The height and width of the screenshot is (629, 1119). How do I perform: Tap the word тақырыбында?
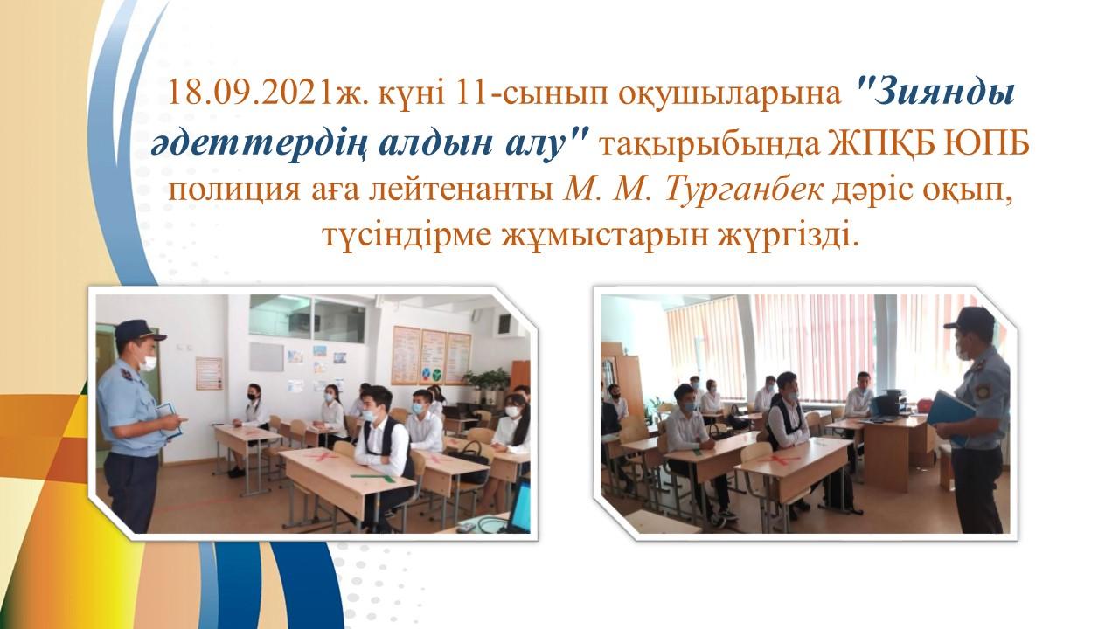(x=709, y=145)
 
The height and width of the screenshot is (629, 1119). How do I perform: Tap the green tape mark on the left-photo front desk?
(x=373, y=478)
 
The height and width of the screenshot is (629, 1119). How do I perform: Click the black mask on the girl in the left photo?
(x=254, y=396)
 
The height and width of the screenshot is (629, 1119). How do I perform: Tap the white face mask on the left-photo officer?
(x=149, y=363)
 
